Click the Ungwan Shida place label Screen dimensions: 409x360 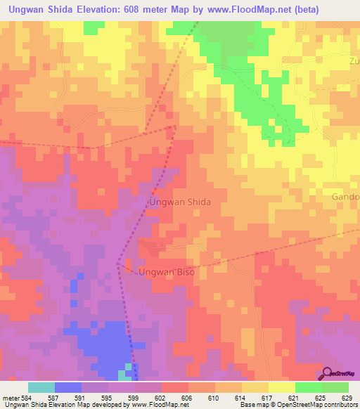(x=179, y=202)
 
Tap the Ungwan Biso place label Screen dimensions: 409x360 (x=166, y=271)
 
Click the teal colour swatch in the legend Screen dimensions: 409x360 (x=41, y=387)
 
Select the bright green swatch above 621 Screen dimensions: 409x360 (x=308, y=387)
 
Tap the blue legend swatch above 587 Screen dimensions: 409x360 (x=68, y=387)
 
